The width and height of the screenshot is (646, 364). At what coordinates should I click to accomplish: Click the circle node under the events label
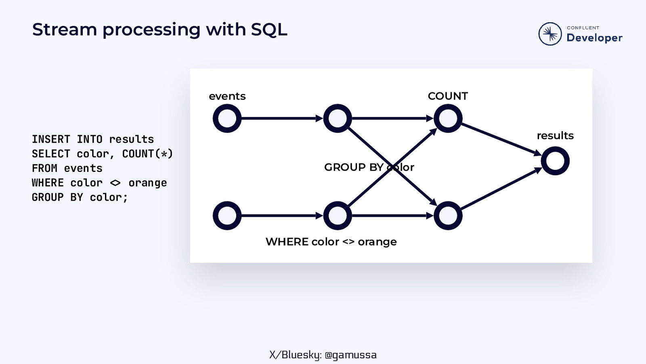tap(227, 119)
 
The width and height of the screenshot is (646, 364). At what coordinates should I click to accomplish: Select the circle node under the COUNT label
tap(448, 119)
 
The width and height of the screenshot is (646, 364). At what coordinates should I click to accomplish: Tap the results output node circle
tap(555, 161)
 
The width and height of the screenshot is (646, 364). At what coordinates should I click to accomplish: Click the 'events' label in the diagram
tap(227, 96)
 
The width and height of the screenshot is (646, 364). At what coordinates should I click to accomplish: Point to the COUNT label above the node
tap(448, 96)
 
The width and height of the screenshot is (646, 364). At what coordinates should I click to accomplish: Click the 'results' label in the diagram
tap(555, 136)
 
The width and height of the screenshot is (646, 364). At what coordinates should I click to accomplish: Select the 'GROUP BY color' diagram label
tap(369, 167)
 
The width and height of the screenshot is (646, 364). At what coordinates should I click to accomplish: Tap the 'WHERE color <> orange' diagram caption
tap(331, 242)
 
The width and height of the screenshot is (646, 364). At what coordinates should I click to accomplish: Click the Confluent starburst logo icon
tap(550, 34)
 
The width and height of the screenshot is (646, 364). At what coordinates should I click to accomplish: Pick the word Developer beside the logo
tap(594, 38)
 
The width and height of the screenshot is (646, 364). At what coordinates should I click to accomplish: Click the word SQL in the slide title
tap(269, 30)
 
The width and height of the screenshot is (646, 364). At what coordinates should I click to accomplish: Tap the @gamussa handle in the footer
tap(350, 355)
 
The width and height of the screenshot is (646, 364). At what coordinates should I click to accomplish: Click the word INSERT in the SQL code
tap(51, 140)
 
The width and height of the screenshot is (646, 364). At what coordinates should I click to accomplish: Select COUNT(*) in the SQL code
tap(147, 154)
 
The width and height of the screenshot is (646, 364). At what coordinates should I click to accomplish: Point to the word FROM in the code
tap(44, 168)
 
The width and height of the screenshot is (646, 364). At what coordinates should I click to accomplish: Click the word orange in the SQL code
tap(147, 183)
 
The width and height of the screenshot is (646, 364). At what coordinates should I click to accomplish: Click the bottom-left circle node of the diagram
tap(227, 216)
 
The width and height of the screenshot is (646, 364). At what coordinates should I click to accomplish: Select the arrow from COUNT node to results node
tap(501, 139)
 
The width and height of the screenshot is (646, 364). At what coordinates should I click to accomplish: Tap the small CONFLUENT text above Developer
tap(583, 28)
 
